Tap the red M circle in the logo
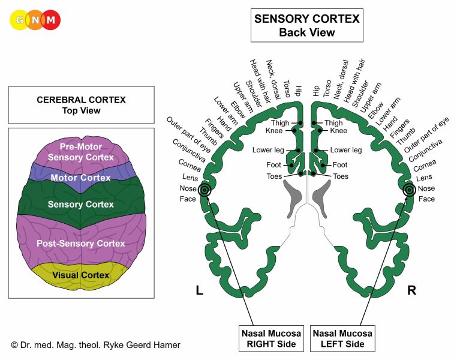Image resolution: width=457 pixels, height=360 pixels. pyautogui.click(x=51, y=20)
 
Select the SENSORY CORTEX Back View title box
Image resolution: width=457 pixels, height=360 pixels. pyautogui.click(x=306, y=26)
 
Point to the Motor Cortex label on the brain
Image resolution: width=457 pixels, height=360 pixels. pyautogui.click(x=80, y=178)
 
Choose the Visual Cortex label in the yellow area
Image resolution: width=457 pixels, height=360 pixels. pyautogui.click(x=81, y=275)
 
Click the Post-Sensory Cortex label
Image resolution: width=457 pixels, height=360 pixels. pyautogui.click(x=80, y=244)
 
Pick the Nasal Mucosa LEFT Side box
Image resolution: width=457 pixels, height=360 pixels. pyautogui.click(x=342, y=338)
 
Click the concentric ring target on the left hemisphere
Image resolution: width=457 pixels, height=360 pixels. pyautogui.click(x=205, y=190)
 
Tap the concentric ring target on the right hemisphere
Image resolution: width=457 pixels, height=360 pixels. pyautogui.click(x=409, y=190)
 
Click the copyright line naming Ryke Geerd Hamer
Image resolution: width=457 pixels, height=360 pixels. pyautogui.click(x=95, y=345)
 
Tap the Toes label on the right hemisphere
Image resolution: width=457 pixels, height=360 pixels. pyautogui.click(x=340, y=176)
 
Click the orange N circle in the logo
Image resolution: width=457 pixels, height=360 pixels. pyautogui.click(x=35, y=20)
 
